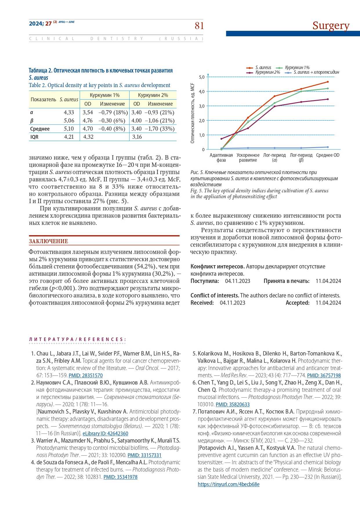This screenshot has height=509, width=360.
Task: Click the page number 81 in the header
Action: (199, 26)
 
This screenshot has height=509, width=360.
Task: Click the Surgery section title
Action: (331, 26)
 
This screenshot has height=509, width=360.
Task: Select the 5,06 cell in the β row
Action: (69, 120)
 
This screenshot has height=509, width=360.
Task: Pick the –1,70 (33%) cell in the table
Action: (160, 129)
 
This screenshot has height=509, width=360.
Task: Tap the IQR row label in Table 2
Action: (34, 137)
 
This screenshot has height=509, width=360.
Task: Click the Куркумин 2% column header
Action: (153, 95)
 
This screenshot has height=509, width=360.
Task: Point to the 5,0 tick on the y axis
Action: (202, 77)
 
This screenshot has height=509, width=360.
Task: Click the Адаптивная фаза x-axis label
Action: (221, 158)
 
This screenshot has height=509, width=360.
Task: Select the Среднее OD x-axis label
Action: (328, 155)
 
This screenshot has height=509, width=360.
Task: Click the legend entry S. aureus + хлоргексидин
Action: (316, 72)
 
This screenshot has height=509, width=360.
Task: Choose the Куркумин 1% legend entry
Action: (297, 68)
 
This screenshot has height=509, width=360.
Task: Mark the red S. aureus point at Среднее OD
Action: (328, 82)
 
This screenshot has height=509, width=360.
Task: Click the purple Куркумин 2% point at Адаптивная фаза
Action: (221, 139)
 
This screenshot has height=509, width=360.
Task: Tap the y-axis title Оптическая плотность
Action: (193, 113)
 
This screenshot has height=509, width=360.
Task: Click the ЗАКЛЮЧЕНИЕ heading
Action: (48, 241)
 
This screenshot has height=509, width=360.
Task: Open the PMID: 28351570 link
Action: (86, 376)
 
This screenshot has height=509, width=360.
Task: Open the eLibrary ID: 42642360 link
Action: (105, 434)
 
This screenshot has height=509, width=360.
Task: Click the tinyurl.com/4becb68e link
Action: (229, 484)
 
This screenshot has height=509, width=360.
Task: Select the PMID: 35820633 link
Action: (233, 405)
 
